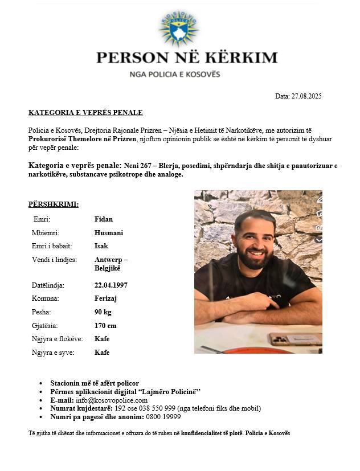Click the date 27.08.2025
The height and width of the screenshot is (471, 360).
(x=306, y=96)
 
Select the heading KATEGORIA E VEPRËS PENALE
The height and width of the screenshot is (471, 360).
(x=85, y=113)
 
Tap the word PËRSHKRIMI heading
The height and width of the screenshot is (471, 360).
(x=54, y=204)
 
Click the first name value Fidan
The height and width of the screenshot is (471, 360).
(x=104, y=219)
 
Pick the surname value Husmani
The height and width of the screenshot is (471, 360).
(x=108, y=233)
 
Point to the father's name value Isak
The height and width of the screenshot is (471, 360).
(x=101, y=246)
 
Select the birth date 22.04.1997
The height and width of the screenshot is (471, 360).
(x=111, y=285)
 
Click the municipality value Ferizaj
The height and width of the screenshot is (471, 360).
(x=107, y=298)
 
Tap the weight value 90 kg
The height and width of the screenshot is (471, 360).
(x=103, y=312)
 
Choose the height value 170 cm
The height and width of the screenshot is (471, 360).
(x=105, y=326)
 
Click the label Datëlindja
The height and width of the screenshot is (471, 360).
(x=48, y=285)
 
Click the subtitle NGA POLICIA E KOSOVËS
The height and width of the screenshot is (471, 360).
(x=174, y=74)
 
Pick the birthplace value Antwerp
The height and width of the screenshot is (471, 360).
(x=109, y=260)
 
